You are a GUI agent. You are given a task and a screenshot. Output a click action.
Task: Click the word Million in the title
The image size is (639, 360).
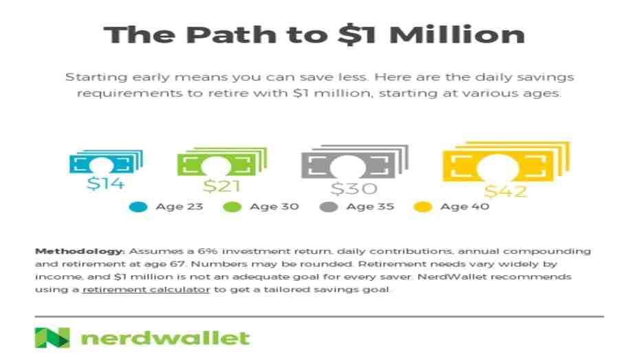coord(457,34)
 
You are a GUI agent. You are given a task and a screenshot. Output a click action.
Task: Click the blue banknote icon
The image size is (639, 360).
coord(106,162)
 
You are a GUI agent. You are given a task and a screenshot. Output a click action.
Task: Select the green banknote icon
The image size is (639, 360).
coord(222,162)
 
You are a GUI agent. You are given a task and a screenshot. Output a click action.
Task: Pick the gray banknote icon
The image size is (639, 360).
coord(354,162)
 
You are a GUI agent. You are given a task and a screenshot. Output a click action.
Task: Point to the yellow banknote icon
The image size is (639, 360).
coord(506,162)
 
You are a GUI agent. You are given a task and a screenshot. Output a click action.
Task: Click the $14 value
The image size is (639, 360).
coord(105,184)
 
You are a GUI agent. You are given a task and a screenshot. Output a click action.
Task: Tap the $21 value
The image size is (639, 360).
coord(221,186)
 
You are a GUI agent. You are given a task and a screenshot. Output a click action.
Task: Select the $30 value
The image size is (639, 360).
coord(354,189)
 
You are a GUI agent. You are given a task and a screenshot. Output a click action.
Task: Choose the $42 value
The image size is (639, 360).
coord(506,191)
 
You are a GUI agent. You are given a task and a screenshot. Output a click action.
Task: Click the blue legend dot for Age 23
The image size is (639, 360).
coord(138,207)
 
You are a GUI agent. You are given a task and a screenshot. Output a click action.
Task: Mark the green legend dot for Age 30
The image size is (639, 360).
coord(232,207)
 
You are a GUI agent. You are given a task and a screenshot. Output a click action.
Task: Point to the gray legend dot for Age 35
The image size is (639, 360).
coord(329,207)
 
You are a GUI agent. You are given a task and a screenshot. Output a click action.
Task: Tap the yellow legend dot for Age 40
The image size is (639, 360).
coord(422,207)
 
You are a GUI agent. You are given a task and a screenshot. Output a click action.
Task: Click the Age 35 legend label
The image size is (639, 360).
coord(370,207)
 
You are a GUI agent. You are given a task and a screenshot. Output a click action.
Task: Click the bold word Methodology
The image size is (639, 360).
coord(80,251)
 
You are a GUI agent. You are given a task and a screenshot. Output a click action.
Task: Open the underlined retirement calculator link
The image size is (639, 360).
coord(146,290)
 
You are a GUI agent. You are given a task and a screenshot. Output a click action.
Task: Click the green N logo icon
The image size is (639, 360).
coord(52,337)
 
